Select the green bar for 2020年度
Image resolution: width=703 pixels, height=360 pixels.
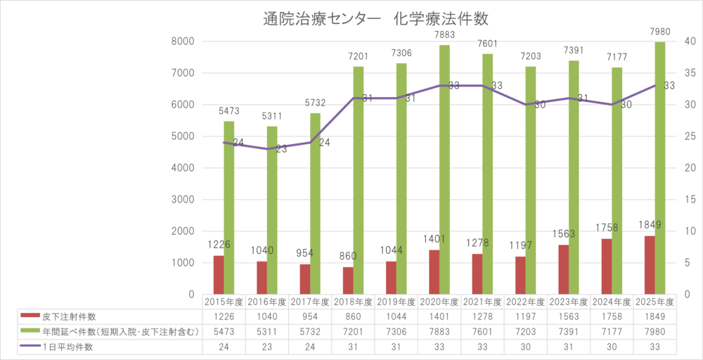(444, 169)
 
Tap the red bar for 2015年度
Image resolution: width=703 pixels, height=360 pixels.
(219, 275)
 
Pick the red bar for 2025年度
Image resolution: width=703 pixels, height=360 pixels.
(650, 265)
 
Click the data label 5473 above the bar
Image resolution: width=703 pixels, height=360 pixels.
(229, 110)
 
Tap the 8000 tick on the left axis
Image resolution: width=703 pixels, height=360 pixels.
(181, 41)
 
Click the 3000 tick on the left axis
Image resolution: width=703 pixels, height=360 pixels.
(181, 200)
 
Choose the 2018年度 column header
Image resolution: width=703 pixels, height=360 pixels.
(353, 302)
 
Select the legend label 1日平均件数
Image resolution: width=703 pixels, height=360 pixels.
(67, 347)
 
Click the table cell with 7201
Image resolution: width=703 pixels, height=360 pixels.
(353, 331)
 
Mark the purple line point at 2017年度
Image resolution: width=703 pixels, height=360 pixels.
(310, 143)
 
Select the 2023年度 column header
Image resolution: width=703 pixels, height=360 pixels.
(569, 302)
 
